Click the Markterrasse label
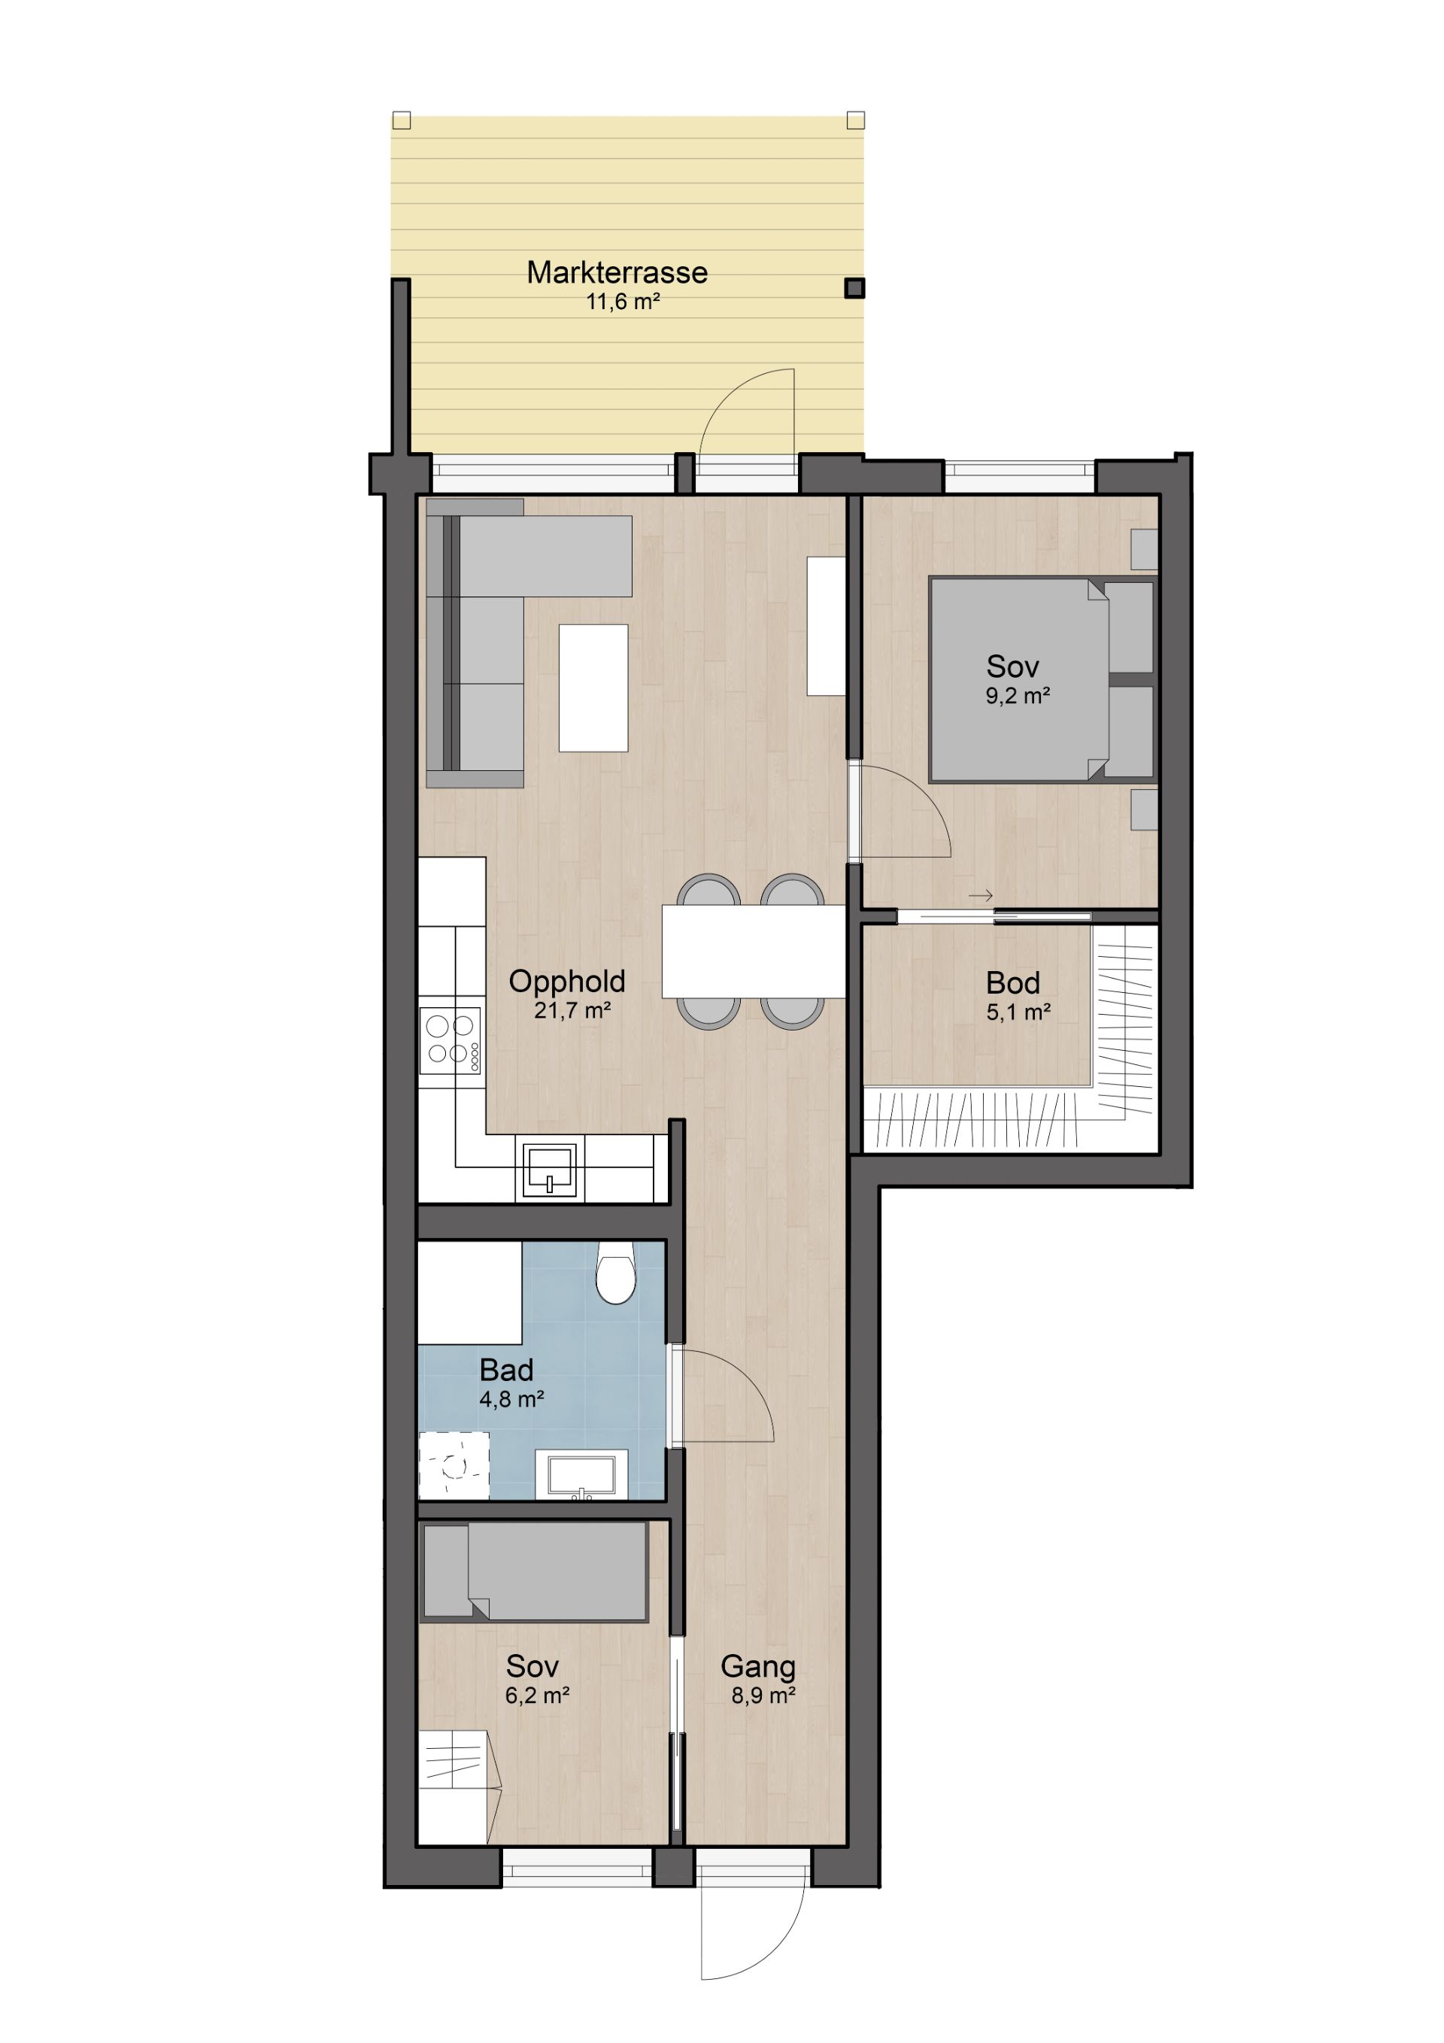pyautogui.click(x=617, y=272)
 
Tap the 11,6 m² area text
pyautogui.click(x=623, y=302)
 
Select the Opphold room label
pyautogui.click(x=567, y=982)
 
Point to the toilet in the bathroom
pyautogui.click(x=616, y=1273)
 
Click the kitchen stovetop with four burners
pyautogui.click(x=450, y=1040)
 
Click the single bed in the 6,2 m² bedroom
pyautogui.click(x=534, y=1571)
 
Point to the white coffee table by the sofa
pyautogui.click(x=593, y=688)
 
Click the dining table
pyautogui.click(x=753, y=952)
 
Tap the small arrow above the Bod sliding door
pyautogui.click(x=981, y=896)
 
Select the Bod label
pyautogui.click(x=1012, y=982)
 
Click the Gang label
pyautogui.click(x=758, y=1665)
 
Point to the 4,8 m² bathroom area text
pyautogui.click(x=511, y=1400)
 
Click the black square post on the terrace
pyautogui.click(x=854, y=288)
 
